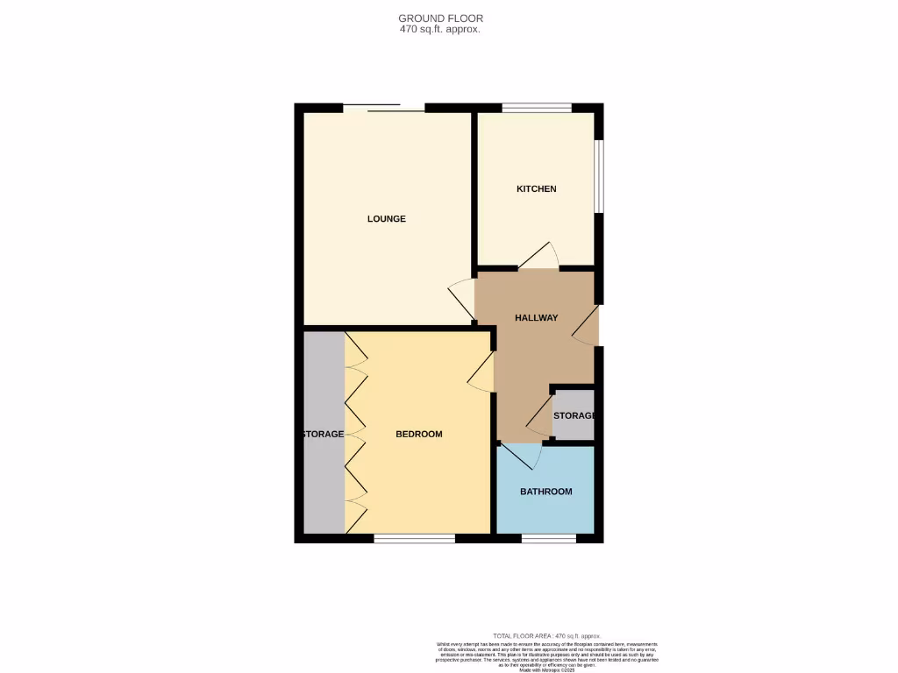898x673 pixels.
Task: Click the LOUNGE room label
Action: (386, 219)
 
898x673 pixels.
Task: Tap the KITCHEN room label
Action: (536, 189)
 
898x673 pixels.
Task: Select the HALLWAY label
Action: (536, 318)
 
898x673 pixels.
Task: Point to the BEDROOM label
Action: (418, 435)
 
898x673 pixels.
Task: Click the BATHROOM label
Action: (545, 492)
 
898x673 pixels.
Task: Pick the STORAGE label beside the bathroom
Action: (574, 415)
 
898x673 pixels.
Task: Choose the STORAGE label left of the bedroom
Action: (323, 435)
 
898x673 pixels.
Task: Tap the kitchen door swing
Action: (539, 256)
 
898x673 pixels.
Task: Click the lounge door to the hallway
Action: (461, 299)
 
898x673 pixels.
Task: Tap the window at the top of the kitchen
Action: (537, 109)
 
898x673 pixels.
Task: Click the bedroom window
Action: (414, 538)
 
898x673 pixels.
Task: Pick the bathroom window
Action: (549, 538)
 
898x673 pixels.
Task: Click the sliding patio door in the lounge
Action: (383, 109)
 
